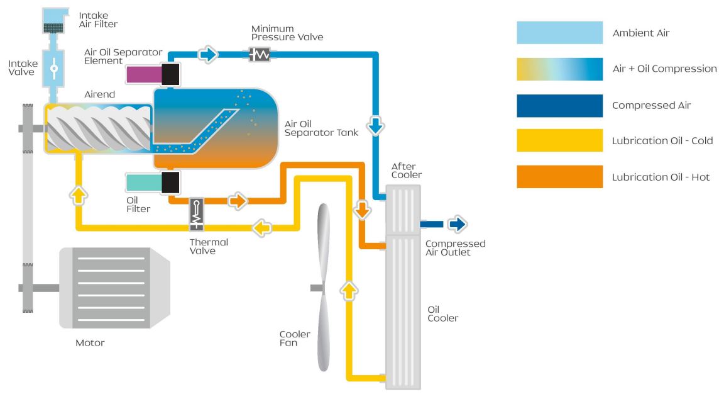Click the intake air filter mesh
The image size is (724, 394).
point(53,28)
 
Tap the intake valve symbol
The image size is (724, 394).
point(53,69)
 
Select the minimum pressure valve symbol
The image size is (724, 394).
point(259,55)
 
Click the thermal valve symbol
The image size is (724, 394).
point(197,214)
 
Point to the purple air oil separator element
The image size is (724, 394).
point(143,74)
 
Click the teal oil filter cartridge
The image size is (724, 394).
point(143,182)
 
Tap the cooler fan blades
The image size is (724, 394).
point(324,287)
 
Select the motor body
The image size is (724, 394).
point(114,288)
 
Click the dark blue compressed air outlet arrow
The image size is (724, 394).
point(457,224)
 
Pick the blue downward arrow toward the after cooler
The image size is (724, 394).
point(376,125)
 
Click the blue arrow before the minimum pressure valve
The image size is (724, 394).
point(208,55)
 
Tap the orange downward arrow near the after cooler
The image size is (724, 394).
point(363,210)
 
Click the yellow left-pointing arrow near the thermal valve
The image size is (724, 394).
point(262,227)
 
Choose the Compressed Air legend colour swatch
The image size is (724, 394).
point(559,106)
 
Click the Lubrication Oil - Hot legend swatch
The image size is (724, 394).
point(559,177)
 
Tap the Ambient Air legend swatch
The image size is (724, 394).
point(559,32)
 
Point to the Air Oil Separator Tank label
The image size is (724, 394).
point(321,128)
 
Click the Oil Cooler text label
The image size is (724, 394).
point(443,313)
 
